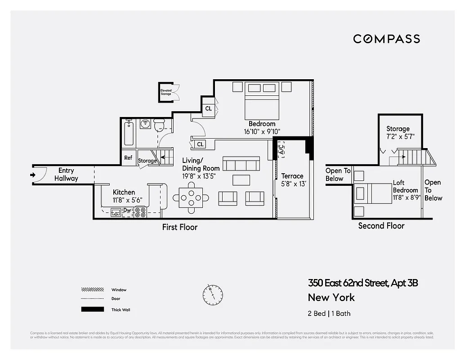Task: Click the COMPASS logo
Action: tap(386, 39)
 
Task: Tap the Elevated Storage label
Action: tap(166, 92)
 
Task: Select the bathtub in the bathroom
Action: tap(129, 133)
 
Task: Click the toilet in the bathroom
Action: tap(159, 125)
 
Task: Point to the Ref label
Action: tap(128, 158)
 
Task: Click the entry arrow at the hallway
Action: tap(33, 175)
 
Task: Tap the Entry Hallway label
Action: tap(66, 175)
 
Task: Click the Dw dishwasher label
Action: tap(127, 210)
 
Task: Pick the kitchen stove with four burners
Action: tap(140, 212)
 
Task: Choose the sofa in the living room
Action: tap(241, 164)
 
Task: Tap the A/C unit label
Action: tap(281, 148)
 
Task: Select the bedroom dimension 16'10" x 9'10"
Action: tap(262, 131)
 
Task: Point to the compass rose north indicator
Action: tap(212, 294)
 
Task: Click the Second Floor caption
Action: tap(381, 226)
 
